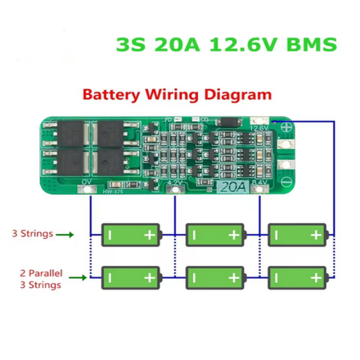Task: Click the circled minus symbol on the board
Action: (287, 181)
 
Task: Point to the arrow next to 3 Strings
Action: (65, 234)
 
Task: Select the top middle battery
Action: (215, 234)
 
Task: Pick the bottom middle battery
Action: (215, 277)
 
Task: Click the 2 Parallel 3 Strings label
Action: (41, 279)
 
